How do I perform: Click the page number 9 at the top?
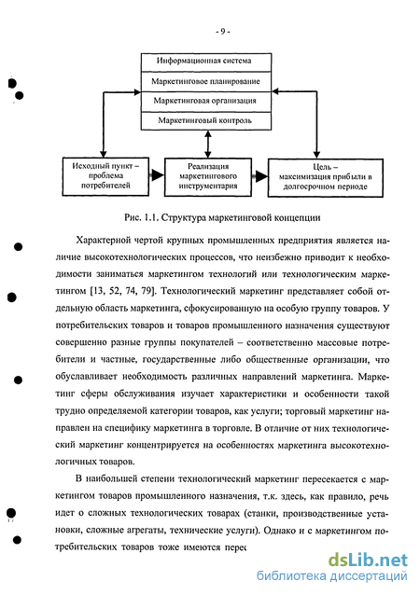click(222, 32)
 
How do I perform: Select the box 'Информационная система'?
click(206, 62)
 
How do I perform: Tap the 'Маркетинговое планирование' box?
click(206, 81)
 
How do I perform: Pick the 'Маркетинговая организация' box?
click(206, 102)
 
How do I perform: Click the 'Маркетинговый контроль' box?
click(206, 121)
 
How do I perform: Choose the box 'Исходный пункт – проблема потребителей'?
click(105, 176)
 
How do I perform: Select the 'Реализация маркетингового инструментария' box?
click(208, 177)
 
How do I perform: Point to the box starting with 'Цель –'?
click(326, 177)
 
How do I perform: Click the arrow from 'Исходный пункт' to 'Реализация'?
click(157, 175)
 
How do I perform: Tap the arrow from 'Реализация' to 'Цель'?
click(259, 176)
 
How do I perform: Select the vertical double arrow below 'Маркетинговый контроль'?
click(208, 145)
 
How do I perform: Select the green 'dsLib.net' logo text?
click(368, 560)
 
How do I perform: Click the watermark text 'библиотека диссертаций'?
click(332, 576)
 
